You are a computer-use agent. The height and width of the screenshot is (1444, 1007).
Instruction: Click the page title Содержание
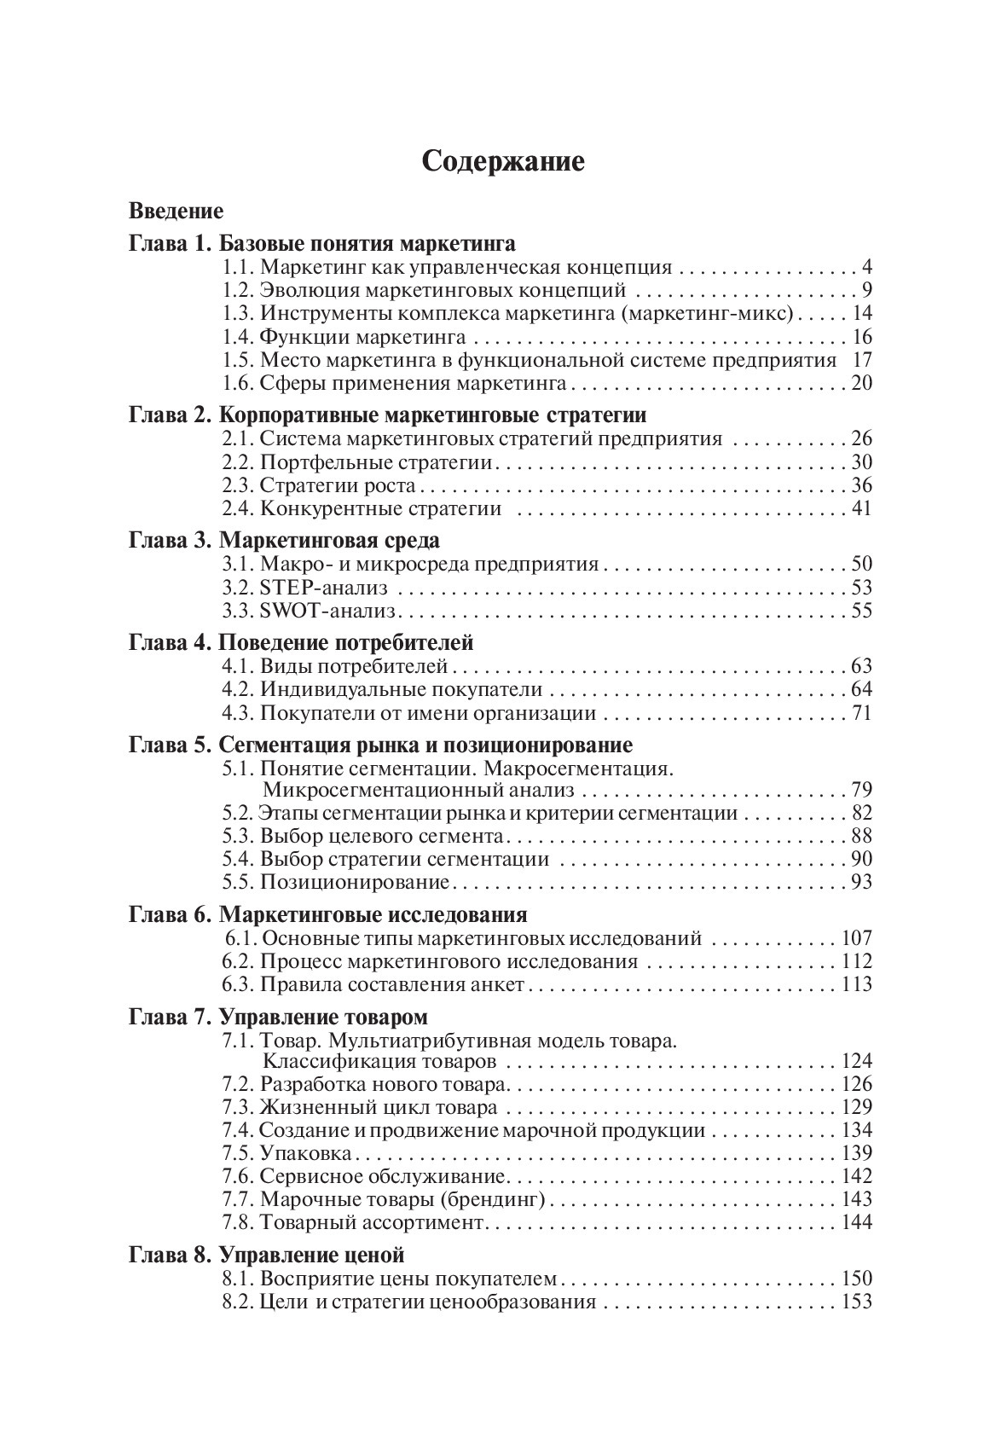point(503,161)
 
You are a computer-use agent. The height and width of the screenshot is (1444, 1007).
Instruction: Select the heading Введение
point(176,211)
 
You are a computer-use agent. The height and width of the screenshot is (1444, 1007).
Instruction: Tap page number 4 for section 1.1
point(866,268)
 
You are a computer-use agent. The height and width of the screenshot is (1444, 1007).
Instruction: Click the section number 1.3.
point(238,314)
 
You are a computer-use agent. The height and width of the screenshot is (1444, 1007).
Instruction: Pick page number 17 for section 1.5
point(861,360)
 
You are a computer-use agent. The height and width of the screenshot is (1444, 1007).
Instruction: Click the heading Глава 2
point(170,415)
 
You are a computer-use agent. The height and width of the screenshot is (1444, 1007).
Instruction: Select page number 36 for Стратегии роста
point(861,486)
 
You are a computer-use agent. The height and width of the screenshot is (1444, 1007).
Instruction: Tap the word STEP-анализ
point(323,588)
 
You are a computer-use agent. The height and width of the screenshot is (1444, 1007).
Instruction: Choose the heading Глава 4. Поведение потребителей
point(301,642)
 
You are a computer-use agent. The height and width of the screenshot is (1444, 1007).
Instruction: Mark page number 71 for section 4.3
point(861,713)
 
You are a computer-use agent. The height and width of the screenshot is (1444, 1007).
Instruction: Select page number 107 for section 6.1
point(856,939)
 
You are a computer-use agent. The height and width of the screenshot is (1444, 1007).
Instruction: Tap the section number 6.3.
point(238,985)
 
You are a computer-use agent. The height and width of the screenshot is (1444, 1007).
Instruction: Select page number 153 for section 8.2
point(856,1302)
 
